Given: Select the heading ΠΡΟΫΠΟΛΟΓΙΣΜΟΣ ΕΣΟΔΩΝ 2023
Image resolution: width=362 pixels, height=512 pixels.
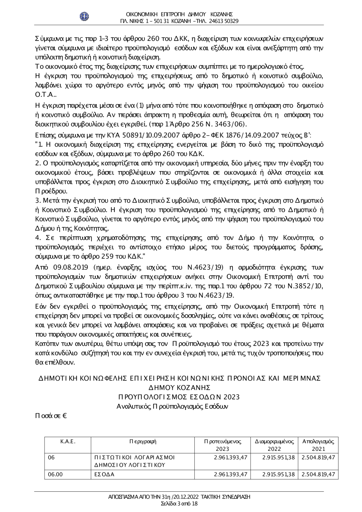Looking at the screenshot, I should (x=177, y=397).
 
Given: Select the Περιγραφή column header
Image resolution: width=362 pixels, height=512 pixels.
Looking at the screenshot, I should (x=143, y=441).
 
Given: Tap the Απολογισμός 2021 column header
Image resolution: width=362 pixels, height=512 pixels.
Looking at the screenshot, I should (x=318, y=445).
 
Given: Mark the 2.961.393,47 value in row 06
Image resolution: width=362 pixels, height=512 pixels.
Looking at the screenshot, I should (x=231, y=457).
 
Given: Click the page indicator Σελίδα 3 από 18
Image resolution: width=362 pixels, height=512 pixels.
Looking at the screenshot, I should (x=180, y=504).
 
